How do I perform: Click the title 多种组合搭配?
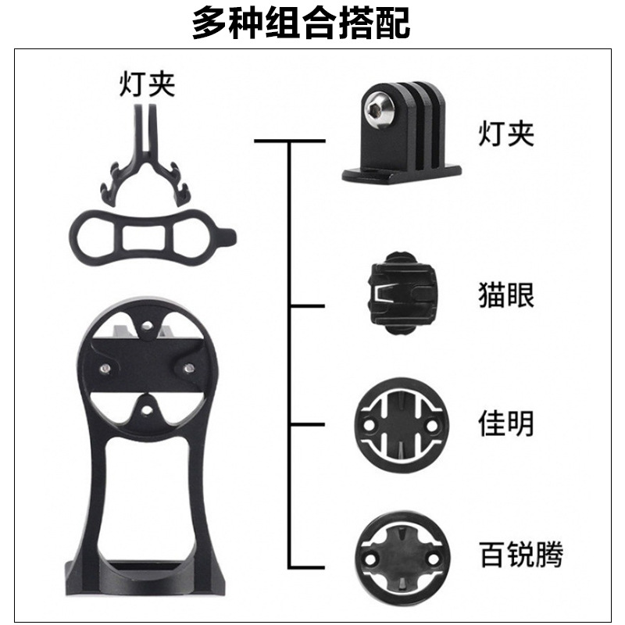point(301,24)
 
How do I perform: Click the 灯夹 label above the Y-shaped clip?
point(146,84)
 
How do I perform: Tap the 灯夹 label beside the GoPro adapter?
point(506,134)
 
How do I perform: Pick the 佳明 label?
point(506,424)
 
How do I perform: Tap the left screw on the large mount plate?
point(102,366)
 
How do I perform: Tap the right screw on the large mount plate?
point(188,366)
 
